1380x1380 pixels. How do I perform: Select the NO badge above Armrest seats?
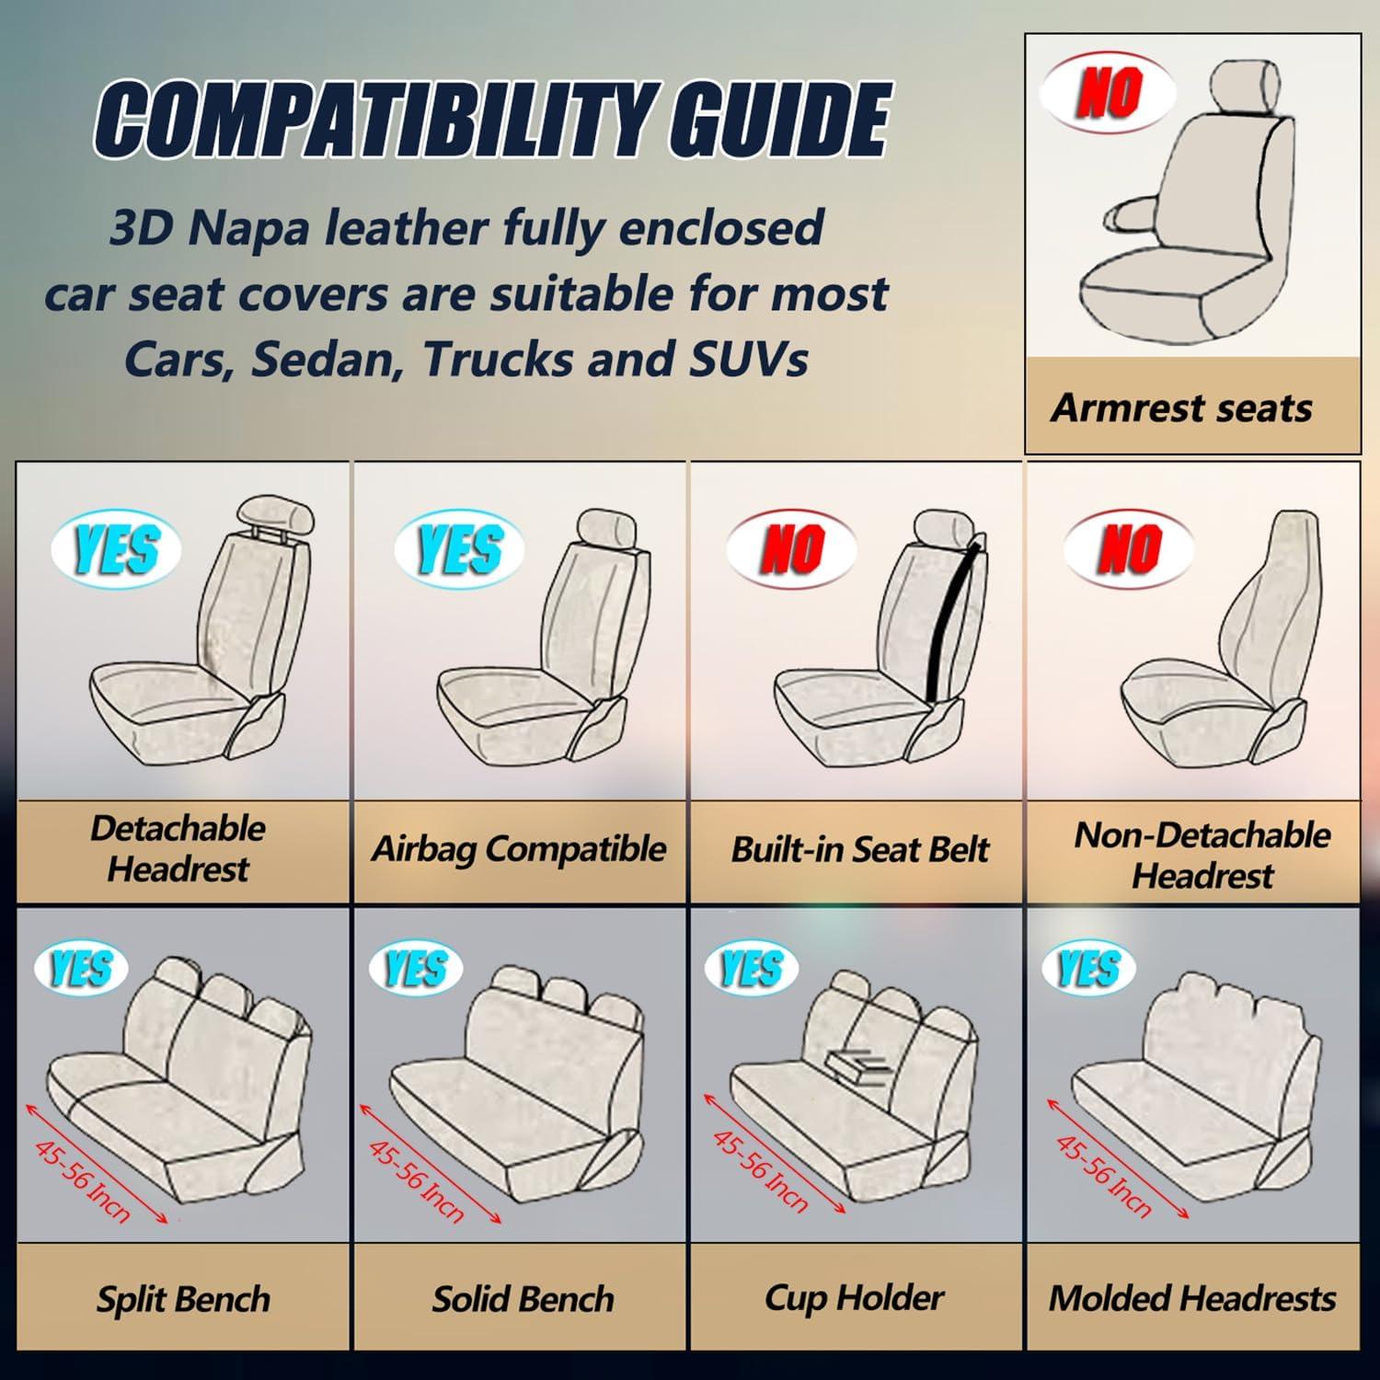[x=1109, y=92]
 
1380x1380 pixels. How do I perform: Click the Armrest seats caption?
[x=1181, y=408]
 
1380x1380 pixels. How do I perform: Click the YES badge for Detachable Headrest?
[x=116, y=549]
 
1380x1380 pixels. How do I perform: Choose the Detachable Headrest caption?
[x=178, y=848]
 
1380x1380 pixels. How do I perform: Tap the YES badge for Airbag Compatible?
[x=459, y=549]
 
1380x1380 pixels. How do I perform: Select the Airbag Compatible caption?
[x=518, y=848]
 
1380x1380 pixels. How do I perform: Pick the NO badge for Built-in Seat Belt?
[x=791, y=549]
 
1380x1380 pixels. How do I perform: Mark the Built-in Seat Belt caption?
[x=859, y=849]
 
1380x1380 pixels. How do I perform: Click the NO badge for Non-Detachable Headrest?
[x=1130, y=549]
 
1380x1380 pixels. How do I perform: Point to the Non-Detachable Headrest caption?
[x=1202, y=855]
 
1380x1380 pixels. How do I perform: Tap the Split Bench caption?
[x=183, y=1299]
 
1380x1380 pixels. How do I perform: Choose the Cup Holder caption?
[x=854, y=1298]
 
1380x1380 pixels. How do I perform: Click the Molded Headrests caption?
[x=1192, y=1298]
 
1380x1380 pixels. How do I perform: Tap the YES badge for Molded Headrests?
[x=1088, y=969]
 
